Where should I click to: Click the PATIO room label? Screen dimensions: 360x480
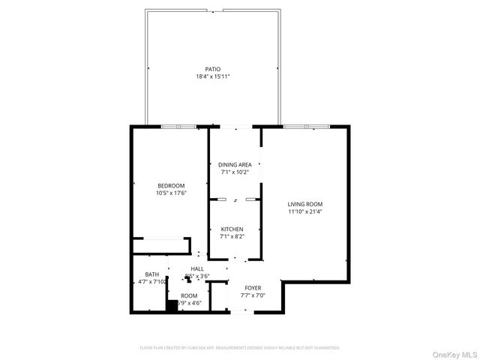coord(213,69)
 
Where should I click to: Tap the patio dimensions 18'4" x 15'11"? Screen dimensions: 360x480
coord(213,76)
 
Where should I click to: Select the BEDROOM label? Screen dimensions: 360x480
coord(171,185)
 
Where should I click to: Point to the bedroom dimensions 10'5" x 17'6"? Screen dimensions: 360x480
coord(171,193)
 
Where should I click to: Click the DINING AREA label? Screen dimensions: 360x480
coord(235,164)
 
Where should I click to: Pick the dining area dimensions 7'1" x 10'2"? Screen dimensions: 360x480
coord(235,172)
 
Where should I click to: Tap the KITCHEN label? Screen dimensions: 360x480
coord(232,229)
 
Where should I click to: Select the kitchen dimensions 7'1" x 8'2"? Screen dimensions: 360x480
coord(232,236)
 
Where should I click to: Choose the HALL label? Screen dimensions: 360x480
coord(197,268)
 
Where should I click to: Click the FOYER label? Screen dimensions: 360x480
coord(253,287)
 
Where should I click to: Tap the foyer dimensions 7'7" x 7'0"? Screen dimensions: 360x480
coord(253,295)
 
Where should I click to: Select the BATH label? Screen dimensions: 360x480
coord(152,274)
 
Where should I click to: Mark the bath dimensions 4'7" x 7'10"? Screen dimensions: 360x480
coord(152,282)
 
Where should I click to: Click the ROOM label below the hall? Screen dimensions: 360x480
coord(189,295)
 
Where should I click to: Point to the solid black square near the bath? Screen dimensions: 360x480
coord(172,306)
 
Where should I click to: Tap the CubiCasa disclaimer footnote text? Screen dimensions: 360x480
coord(240,348)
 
